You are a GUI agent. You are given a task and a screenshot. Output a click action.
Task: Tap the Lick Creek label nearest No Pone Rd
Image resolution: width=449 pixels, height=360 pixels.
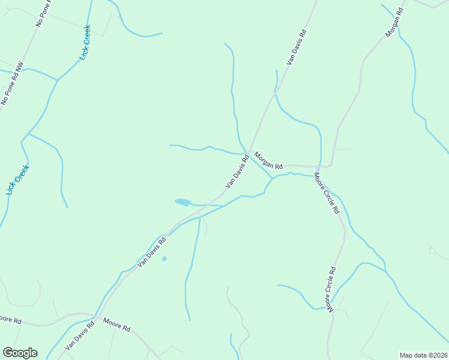coord(85,43)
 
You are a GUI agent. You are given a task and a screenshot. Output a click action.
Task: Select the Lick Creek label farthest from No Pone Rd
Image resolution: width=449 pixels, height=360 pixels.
coord(17,179)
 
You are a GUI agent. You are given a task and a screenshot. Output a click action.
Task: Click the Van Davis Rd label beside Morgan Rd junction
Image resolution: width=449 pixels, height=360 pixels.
coord(237,172)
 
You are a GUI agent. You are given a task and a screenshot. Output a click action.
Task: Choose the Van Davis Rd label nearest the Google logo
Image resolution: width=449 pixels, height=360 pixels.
coord(80,335)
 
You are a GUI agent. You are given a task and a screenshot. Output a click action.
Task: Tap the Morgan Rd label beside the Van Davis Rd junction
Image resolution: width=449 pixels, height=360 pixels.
coord(268,160)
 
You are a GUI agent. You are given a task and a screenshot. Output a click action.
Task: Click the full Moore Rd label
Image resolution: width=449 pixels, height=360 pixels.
coord(116,325)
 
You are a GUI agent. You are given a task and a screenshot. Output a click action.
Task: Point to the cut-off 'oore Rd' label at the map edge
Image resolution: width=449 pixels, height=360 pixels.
coord(10,320)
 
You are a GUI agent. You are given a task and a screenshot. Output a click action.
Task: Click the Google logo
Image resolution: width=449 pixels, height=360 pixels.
coord(20,353)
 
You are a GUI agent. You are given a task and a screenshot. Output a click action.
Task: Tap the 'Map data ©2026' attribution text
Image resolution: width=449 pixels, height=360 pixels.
coord(423,355)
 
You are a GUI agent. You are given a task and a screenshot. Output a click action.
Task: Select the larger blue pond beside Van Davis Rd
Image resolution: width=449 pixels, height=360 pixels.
coord(182,202)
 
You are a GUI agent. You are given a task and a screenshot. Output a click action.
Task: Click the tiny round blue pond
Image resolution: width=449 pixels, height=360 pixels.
coord(164,259)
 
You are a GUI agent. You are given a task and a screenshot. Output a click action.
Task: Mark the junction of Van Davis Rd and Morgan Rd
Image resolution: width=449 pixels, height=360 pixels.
coord(249,151)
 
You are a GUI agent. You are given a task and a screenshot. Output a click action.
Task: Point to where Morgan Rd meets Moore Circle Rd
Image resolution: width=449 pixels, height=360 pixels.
coord(318,166)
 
